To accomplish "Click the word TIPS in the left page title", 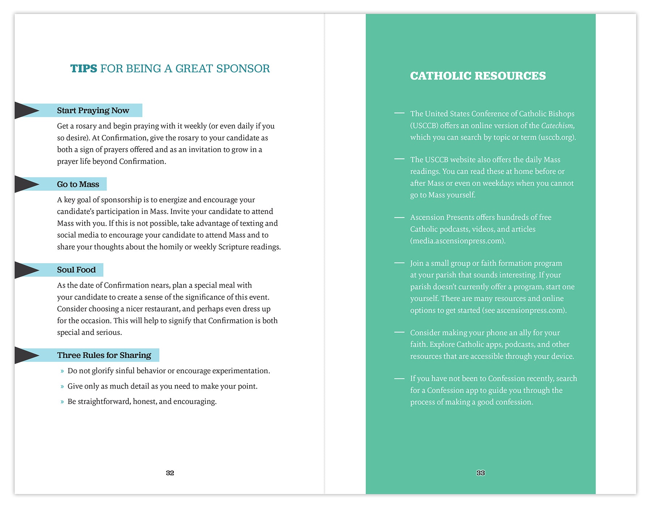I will point(84,68).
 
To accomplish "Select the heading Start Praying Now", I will point(93,111).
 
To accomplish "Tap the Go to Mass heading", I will point(78,185).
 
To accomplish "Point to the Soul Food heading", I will point(76,270).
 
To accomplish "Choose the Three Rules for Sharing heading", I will point(104,355).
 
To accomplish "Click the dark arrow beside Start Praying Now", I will point(26,110).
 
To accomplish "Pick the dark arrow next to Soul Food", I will point(26,270).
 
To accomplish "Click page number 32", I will point(170,473).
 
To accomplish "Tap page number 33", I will point(481,473).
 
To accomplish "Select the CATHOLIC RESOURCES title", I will point(478,76).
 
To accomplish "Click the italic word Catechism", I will point(557,126).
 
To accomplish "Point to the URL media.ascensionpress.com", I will point(457,241).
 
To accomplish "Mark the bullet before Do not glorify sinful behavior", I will point(62,371).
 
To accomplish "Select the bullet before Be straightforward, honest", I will point(62,402).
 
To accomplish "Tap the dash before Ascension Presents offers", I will point(399,217).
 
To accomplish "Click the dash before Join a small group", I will point(399,263).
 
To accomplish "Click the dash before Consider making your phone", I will point(399,332).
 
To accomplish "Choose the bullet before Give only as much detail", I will point(62,387).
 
